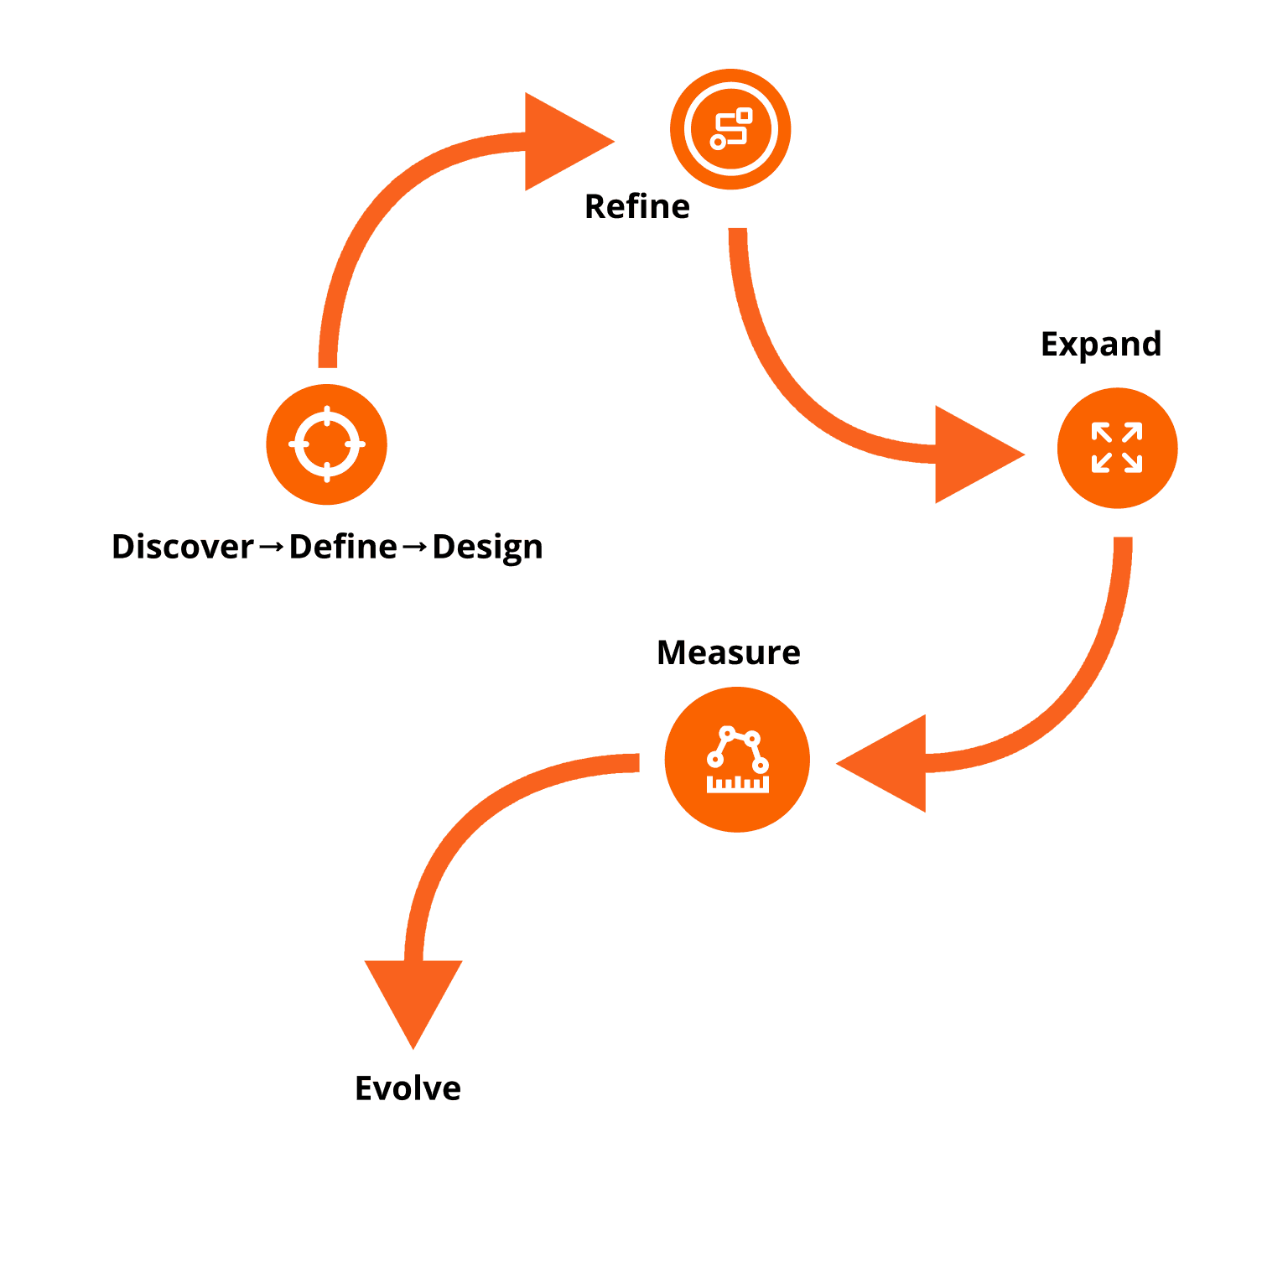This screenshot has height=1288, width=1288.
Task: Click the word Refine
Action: click(x=637, y=207)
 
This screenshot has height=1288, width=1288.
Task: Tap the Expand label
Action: click(x=1100, y=345)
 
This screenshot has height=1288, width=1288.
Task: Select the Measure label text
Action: click(x=728, y=652)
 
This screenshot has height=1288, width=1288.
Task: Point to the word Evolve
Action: click(x=408, y=1088)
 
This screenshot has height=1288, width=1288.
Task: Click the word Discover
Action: click(x=182, y=547)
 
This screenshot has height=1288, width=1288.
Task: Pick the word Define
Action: click(x=343, y=547)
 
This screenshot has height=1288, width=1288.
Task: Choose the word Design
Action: click(x=487, y=548)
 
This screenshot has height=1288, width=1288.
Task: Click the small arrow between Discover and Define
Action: click(x=271, y=548)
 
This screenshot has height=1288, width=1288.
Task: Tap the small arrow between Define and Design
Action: click(x=414, y=548)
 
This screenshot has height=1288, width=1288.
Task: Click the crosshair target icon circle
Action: click(x=326, y=444)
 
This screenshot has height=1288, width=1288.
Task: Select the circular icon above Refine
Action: click(x=730, y=129)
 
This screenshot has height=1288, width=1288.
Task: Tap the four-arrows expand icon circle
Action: click(x=1117, y=448)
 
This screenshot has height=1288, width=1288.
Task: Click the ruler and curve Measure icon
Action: click(x=737, y=760)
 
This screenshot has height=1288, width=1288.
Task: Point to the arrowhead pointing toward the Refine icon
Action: click(x=562, y=142)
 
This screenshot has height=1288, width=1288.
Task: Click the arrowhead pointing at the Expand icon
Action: click(x=973, y=454)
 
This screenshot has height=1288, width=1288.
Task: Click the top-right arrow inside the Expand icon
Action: click(x=1132, y=433)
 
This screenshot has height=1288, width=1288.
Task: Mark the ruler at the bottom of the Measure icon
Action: click(x=738, y=785)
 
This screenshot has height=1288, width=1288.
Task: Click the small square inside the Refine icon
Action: click(x=744, y=115)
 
